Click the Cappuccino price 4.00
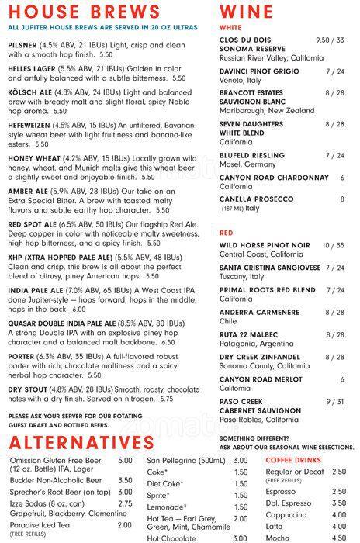point(339,514)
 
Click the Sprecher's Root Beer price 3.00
point(124,493)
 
